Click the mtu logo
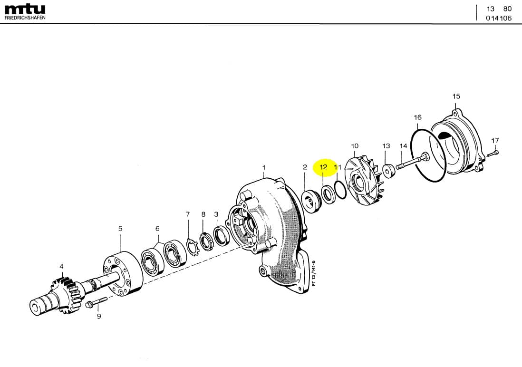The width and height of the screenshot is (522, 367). point(25,9)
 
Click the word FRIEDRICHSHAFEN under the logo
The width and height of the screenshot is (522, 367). point(25,18)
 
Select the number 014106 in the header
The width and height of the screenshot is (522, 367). point(499,18)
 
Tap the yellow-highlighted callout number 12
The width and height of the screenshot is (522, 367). point(323,167)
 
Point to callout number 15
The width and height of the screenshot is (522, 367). point(456,96)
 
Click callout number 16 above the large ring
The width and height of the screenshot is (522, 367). point(417,117)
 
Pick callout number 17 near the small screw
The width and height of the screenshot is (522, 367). point(495,140)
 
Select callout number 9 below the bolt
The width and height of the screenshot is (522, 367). point(99,316)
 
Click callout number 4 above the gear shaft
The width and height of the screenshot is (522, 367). point(61,266)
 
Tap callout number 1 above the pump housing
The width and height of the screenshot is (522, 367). point(264,167)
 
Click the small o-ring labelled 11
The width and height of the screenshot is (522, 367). point(339,190)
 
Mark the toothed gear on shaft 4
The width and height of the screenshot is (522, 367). point(65,293)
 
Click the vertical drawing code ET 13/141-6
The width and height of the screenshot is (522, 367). point(314,273)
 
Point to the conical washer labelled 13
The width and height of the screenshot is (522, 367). point(388,170)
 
